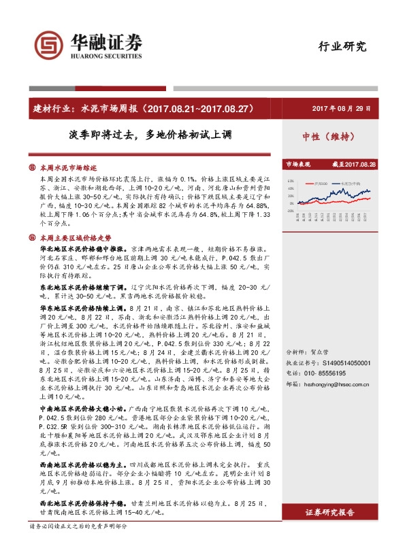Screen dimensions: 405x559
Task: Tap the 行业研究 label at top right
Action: point(342,47)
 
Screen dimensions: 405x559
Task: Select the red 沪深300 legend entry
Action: point(320,183)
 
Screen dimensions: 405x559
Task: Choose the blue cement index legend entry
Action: point(353,183)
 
